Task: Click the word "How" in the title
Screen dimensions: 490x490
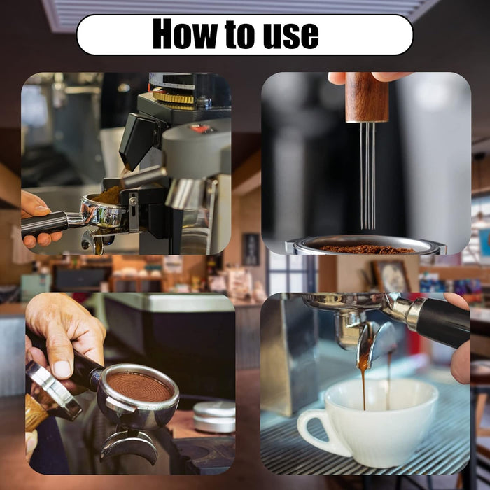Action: coord(185,34)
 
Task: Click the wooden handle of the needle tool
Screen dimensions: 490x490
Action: coord(367,97)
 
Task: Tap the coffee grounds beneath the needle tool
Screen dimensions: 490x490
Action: coord(367,249)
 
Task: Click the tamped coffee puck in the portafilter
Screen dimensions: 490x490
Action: coord(140,387)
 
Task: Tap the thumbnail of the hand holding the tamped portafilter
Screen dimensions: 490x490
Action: coord(62,370)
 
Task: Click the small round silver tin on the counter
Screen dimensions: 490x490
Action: coord(214,417)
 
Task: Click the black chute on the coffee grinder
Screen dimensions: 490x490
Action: coord(137,141)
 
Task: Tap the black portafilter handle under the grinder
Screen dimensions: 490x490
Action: coord(44,223)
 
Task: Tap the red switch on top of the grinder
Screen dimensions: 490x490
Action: coord(199,128)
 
